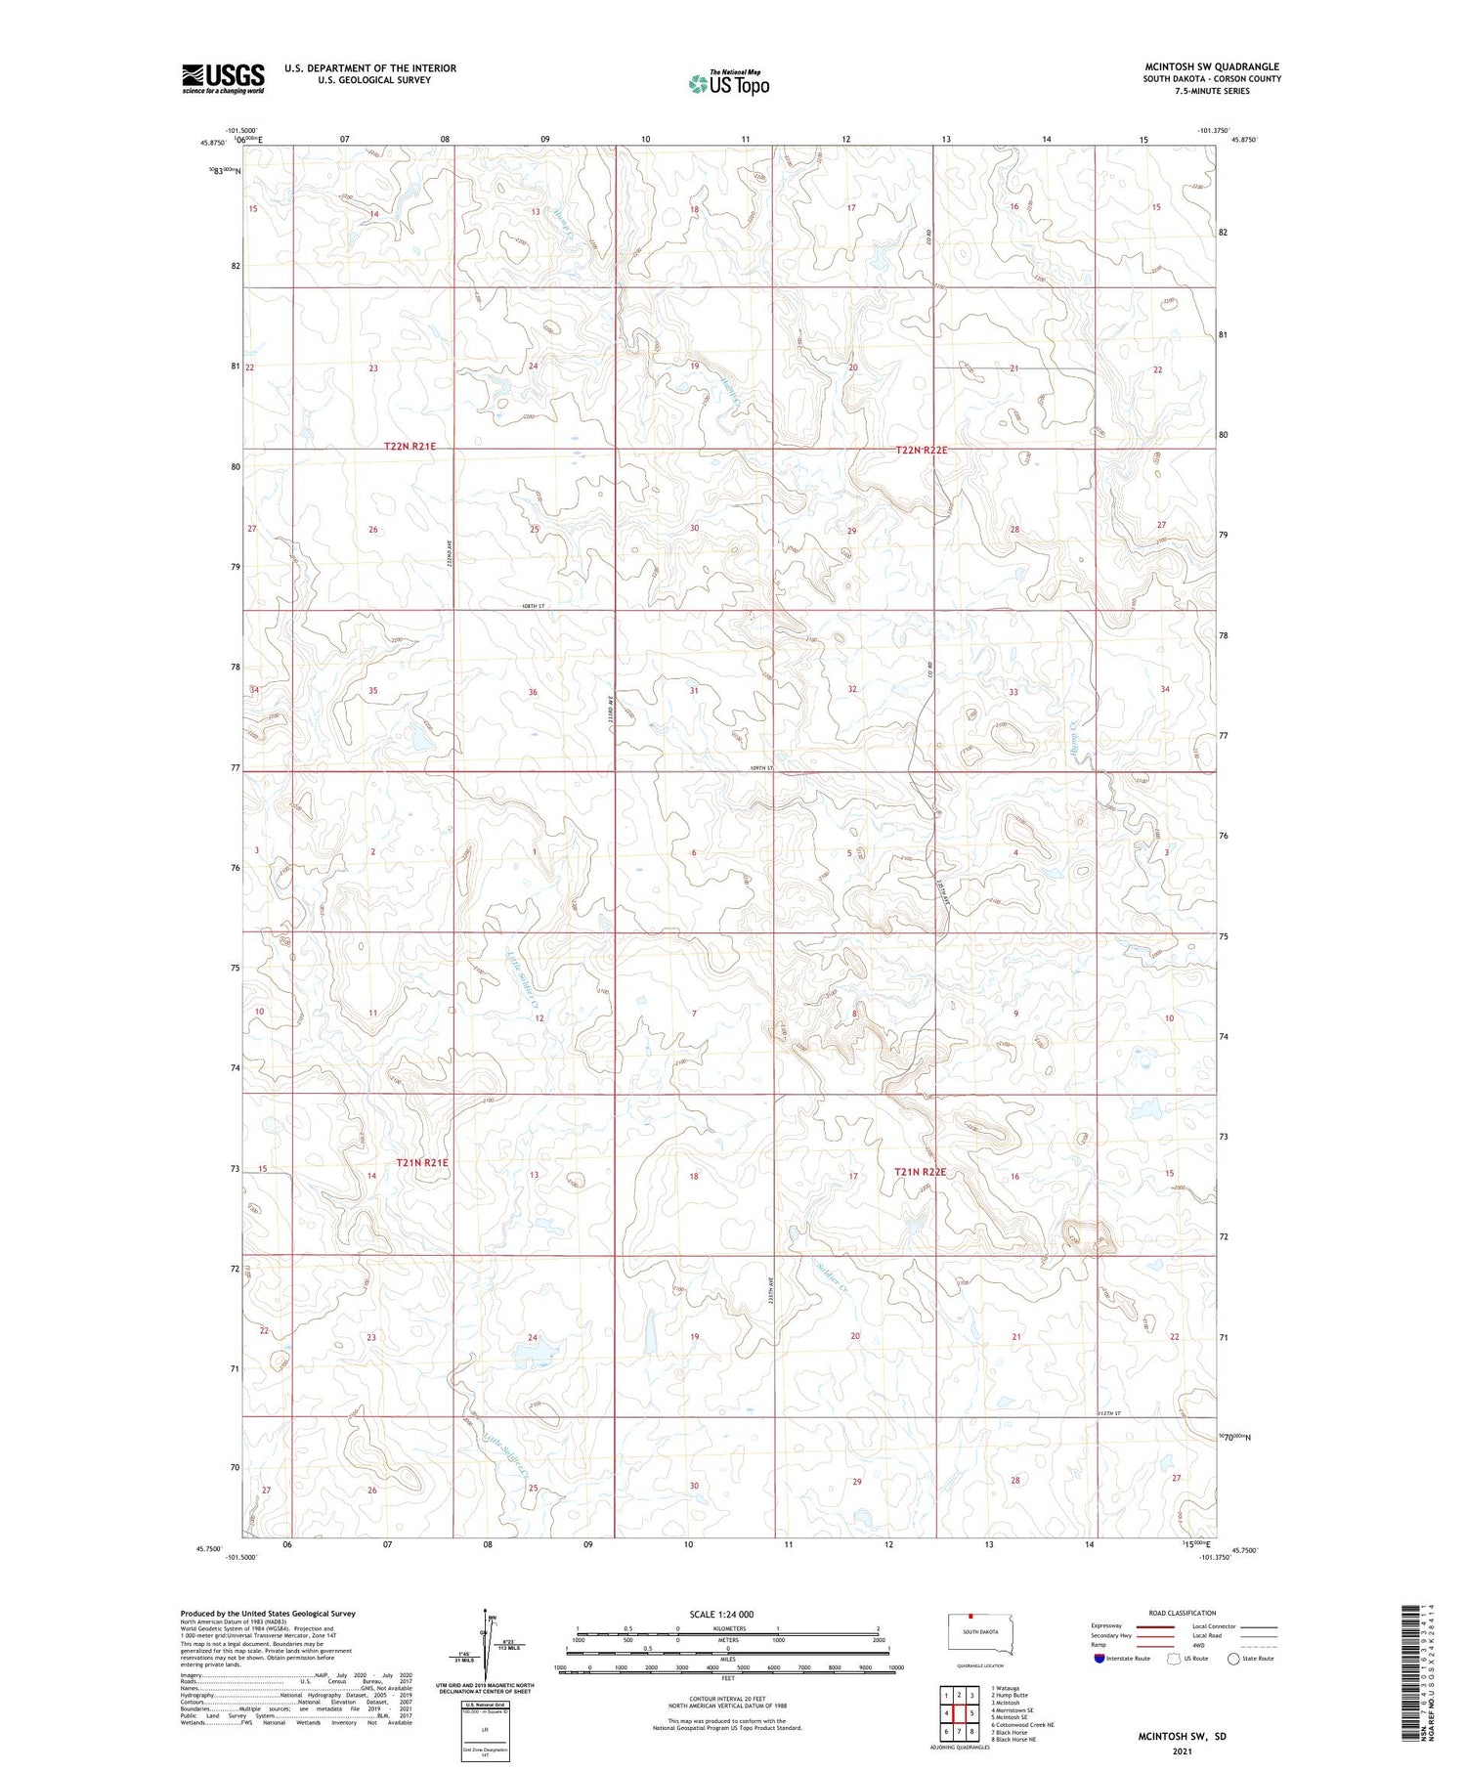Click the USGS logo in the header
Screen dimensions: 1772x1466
(x=223, y=78)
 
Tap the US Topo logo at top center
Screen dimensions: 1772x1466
(x=728, y=83)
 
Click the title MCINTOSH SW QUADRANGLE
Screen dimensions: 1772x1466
(x=1211, y=66)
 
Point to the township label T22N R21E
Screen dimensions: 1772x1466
(x=410, y=447)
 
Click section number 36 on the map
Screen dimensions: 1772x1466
(x=533, y=692)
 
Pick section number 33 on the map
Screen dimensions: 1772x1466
(x=1013, y=692)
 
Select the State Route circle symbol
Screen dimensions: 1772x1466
(x=1233, y=1659)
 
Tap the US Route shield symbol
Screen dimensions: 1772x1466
(x=1174, y=1659)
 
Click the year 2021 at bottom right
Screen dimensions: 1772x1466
(x=1182, y=1750)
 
